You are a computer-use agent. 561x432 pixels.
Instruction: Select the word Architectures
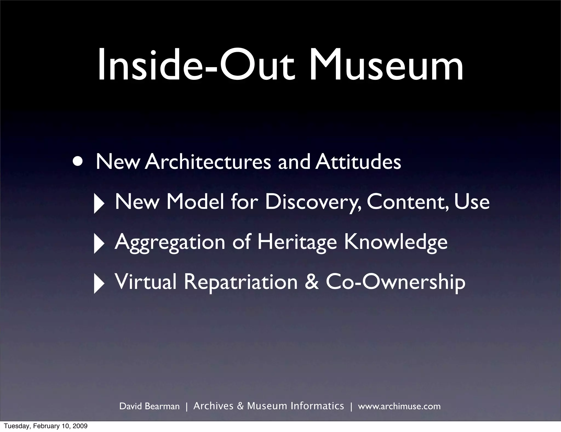point(208,162)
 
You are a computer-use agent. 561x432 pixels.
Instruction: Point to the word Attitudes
point(358,162)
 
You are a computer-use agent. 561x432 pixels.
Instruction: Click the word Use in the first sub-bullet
point(472,202)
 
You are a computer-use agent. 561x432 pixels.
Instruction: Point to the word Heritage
point(297,242)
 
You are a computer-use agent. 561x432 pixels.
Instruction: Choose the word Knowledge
point(396,242)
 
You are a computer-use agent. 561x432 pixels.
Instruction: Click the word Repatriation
point(241,282)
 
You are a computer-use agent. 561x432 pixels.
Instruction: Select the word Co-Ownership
point(396,282)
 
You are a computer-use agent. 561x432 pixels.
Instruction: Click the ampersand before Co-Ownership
point(312,282)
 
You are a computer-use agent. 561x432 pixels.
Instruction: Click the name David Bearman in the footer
point(150,406)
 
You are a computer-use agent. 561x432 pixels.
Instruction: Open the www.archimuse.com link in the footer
point(399,406)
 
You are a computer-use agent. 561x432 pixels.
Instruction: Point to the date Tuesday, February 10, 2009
point(46,426)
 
